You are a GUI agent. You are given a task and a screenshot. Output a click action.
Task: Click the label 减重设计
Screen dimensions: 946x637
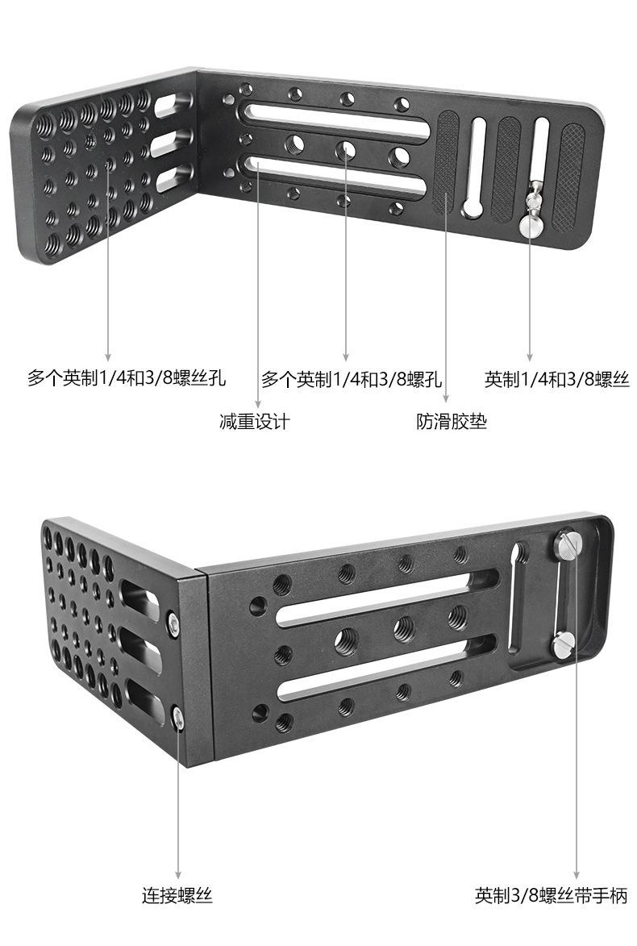tap(254, 421)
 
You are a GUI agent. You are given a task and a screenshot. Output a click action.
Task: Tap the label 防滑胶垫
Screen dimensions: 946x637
tap(452, 421)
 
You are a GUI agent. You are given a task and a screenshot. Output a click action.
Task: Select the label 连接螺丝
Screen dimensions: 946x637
tap(177, 894)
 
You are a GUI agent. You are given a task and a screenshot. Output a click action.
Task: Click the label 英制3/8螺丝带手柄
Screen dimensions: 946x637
tap(551, 894)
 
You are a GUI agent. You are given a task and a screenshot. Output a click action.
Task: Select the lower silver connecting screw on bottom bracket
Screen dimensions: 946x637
tap(179, 715)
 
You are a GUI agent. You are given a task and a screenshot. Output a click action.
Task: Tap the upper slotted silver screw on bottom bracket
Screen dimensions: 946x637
tap(568, 545)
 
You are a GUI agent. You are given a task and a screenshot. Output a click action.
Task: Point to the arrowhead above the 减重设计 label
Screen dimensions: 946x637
tap(257, 406)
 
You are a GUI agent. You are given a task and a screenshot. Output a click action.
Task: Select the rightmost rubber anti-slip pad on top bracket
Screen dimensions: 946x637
tap(571, 174)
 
